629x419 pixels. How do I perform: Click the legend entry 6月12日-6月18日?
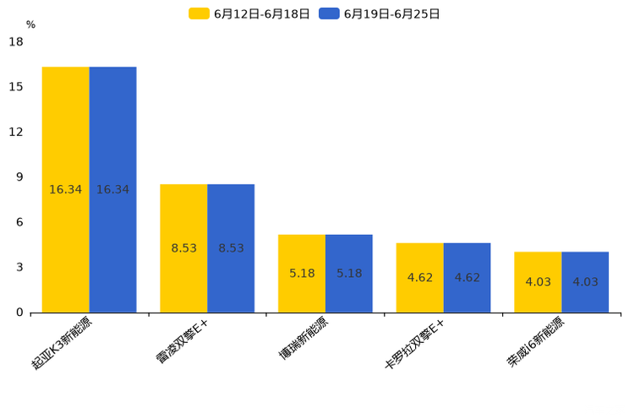click(x=249, y=14)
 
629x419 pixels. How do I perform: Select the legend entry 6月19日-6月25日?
click(x=380, y=14)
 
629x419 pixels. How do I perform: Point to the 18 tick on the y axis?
click(x=16, y=41)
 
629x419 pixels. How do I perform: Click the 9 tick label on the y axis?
click(x=19, y=177)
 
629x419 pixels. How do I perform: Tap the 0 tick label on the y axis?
click(x=19, y=313)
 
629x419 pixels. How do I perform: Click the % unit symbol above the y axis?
click(x=30, y=25)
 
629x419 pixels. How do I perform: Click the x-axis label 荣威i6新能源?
click(x=535, y=343)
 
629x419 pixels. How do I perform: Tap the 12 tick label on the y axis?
click(x=16, y=132)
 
